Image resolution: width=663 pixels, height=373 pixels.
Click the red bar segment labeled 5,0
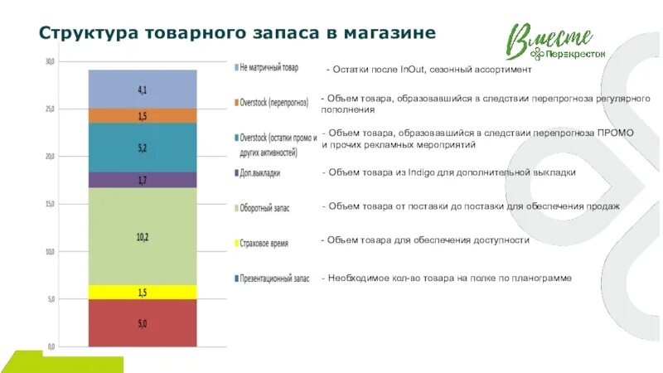[143, 323]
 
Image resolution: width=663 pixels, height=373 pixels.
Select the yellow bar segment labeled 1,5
[143, 293]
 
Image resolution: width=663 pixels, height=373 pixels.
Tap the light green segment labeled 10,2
[143, 236]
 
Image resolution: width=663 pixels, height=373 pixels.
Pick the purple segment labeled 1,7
[143, 180]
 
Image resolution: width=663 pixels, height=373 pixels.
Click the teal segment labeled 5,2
[143, 148]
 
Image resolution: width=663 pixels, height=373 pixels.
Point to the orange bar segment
[143, 116]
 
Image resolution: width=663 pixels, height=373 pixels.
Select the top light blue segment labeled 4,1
[143, 89]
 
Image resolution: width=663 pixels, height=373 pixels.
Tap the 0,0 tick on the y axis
[51, 346]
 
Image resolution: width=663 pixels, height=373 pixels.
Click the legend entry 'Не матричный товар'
[269, 67]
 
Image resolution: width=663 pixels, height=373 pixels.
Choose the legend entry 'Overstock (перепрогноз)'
[273, 103]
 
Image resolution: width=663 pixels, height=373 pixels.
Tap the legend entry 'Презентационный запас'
[273, 279]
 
